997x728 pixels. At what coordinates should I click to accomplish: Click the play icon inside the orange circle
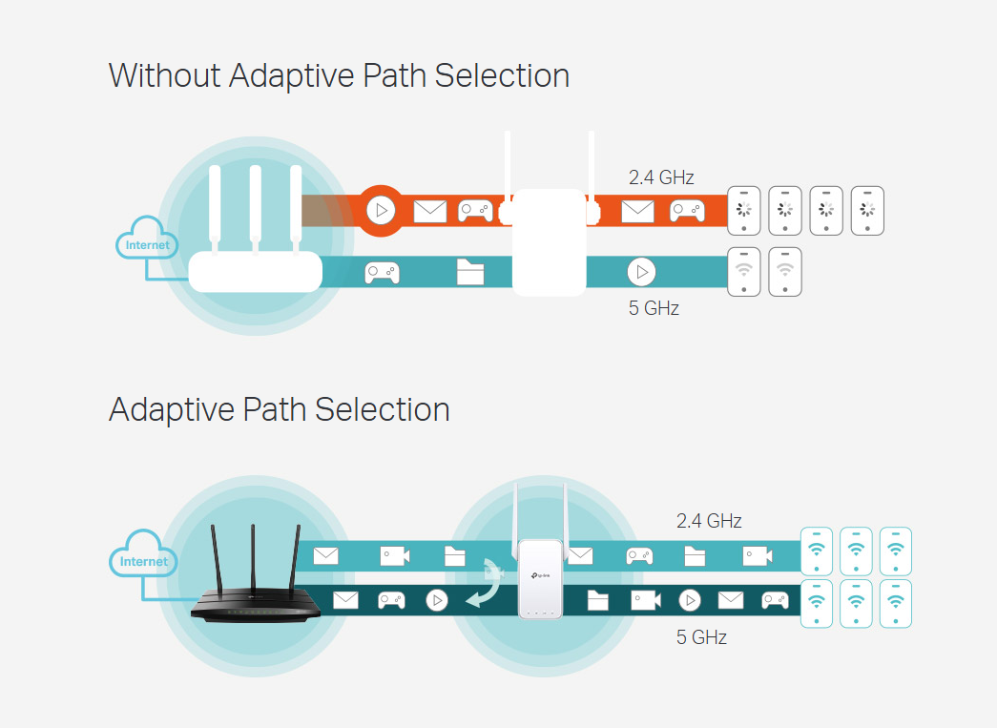pos(381,210)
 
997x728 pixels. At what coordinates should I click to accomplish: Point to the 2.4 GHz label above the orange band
pos(661,177)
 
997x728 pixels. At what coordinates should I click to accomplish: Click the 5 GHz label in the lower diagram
pos(701,637)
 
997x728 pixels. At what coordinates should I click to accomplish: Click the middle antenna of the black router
pos(253,558)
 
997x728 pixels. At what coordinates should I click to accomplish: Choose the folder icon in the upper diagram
pos(470,273)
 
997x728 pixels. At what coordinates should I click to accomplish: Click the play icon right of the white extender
pos(642,273)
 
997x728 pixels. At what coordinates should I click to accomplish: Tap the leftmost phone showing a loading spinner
pos(744,210)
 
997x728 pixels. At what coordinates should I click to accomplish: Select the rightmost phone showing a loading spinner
pos(867,210)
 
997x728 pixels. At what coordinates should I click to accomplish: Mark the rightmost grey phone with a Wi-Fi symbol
pos(785,272)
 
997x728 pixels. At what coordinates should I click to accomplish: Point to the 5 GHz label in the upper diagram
pos(654,308)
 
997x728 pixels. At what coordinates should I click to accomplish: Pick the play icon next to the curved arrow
pos(436,600)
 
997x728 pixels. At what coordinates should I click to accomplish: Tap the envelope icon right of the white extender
pos(637,211)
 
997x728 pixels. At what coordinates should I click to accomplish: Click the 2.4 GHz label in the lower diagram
pos(709,521)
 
